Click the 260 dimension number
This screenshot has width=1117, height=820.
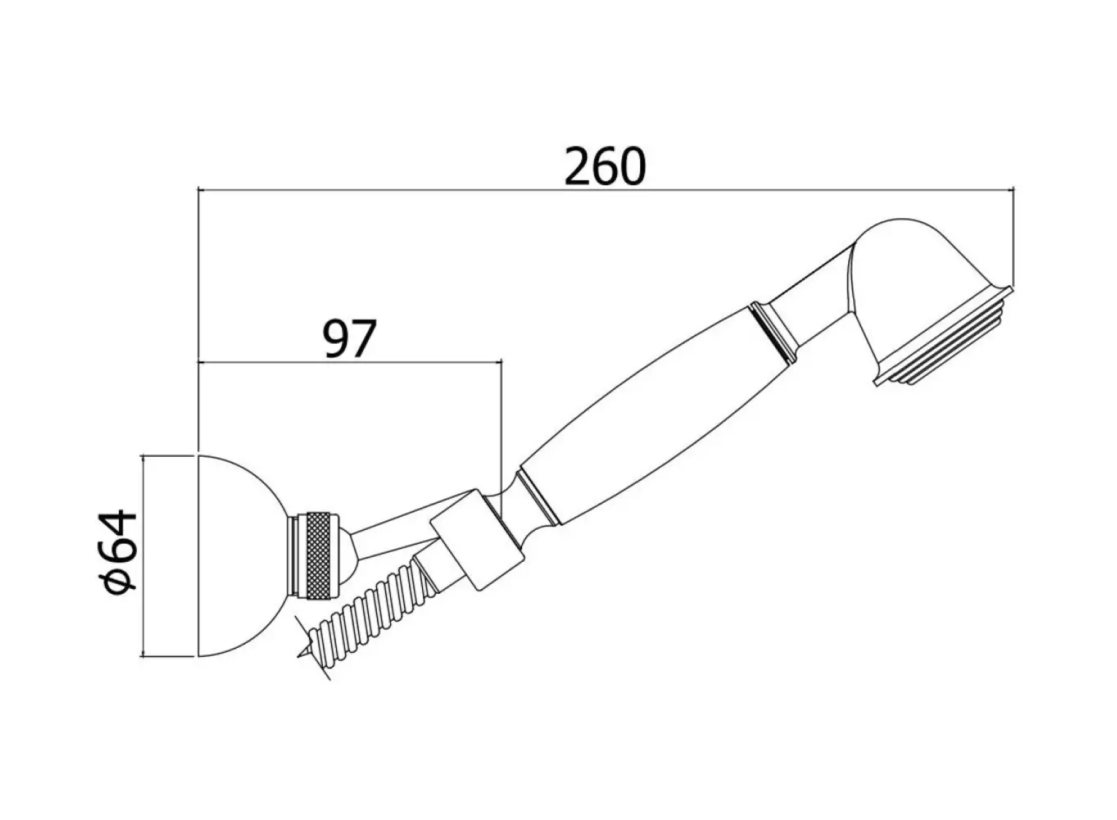coord(604,167)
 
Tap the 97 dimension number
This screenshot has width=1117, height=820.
coord(349,339)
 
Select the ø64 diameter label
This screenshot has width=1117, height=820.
coord(118,552)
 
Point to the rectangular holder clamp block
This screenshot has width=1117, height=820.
coord(477,540)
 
